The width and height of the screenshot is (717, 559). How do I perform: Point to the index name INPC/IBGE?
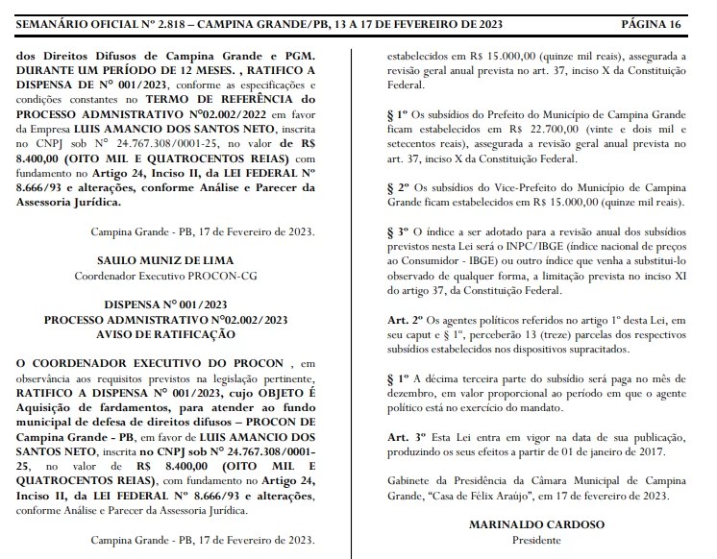click(x=516, y=246)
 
